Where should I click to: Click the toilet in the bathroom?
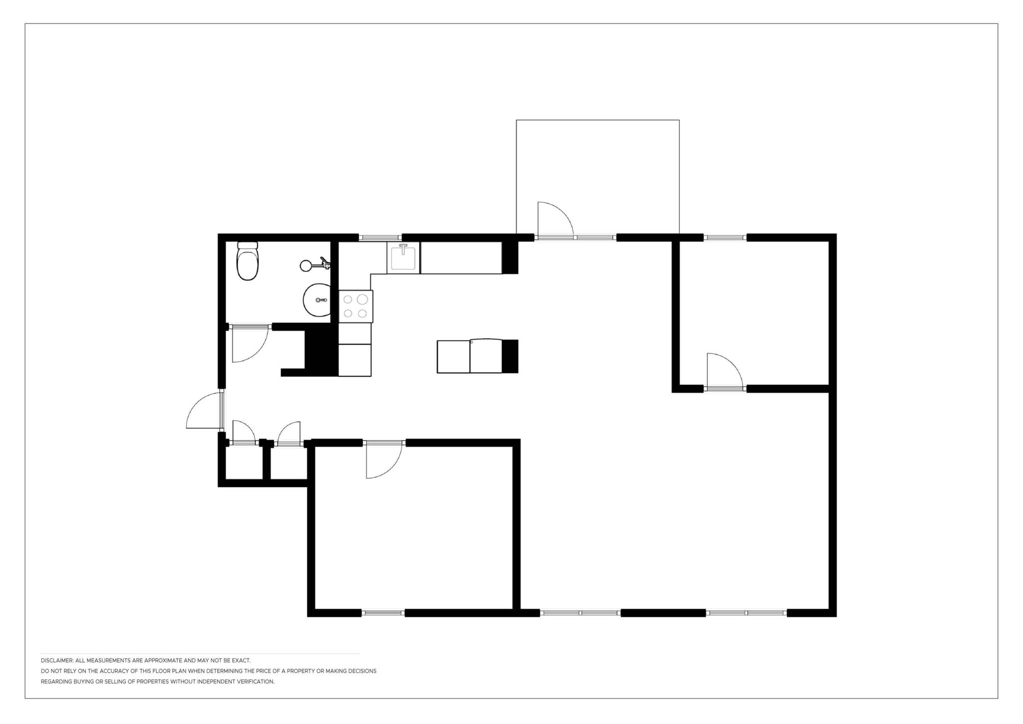248,261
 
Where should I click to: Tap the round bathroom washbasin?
317,300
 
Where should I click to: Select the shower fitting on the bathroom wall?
315,264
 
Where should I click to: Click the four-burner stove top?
356,306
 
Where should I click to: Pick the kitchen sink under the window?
404,257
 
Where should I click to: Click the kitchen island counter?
470,356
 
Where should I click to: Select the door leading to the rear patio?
555,219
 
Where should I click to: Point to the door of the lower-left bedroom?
384,460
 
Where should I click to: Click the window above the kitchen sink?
380,238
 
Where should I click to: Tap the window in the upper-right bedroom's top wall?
725,238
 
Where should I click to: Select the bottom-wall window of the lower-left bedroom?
383,613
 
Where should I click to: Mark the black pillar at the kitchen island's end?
510,356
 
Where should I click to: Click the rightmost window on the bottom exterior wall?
746,613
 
